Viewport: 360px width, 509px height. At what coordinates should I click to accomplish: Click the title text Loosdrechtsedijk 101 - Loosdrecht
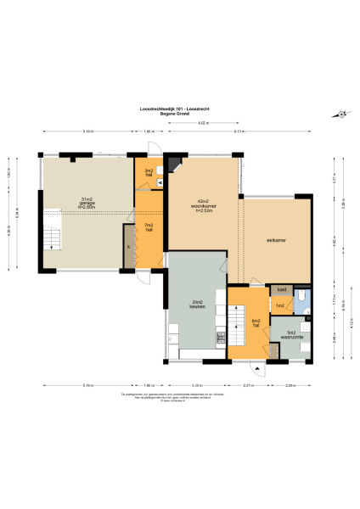click(179, 108)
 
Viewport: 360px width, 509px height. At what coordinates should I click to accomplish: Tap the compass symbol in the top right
click(340, 115)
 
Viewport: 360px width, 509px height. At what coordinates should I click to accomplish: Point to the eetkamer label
click(276, 240)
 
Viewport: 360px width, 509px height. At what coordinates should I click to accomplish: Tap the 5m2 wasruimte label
click(291, 334)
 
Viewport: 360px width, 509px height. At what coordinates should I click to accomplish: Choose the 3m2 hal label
click(149, 172)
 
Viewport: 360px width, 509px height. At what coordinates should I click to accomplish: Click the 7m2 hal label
click(149, 227)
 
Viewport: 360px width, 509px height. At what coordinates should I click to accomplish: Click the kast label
click(280, 289)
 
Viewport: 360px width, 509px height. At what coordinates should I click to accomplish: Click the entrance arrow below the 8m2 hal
click(256, 367)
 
